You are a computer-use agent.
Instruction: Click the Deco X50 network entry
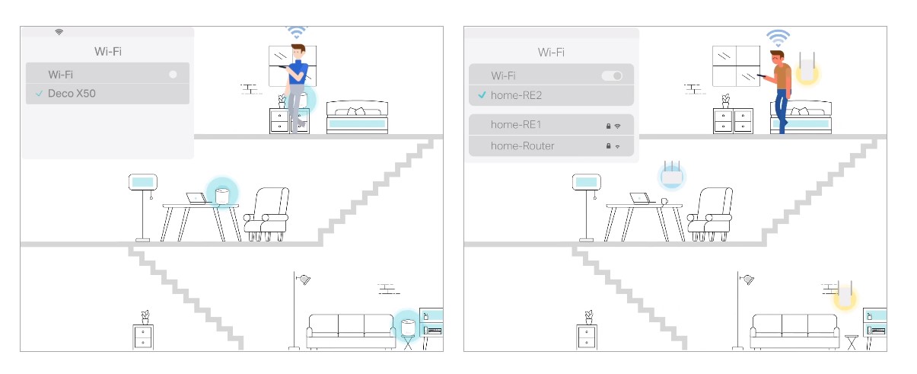(107, 94)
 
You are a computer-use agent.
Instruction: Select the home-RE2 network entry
(551, 95)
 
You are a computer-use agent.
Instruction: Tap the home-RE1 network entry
(551, 124)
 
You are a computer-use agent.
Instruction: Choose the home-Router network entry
(551, 145)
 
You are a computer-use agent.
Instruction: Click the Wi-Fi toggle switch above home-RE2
(612, 75)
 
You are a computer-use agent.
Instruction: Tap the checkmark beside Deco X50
(40, 94)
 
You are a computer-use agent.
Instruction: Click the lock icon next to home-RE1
(608, 126)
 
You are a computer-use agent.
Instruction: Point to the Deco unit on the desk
(222, 196)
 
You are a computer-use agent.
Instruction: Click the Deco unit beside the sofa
(408, 327)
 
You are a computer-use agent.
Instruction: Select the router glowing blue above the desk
(671, 175)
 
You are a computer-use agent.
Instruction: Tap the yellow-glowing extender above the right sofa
(845, 294)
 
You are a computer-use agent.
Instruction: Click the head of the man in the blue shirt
(298, 51)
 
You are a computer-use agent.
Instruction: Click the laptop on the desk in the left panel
(196, 198)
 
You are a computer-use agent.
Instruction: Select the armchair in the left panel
(266, 214)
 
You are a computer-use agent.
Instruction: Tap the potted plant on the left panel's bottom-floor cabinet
(145, 317)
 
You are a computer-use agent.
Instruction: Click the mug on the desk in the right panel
(664, 201)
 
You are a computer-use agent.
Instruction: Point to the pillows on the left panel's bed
(356, 111)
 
